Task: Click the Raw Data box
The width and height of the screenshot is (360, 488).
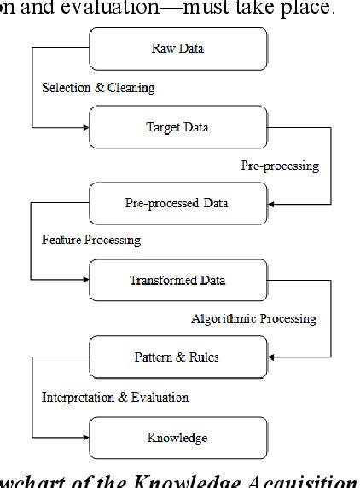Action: pyautogui.click(x=178, y=49)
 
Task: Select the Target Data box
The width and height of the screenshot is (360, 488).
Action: pyautogui.click(x=178, y=128)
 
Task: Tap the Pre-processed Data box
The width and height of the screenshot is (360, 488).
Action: pyautogui.click(x=178, y=204)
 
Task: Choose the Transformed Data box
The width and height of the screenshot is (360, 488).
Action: pyautogui.click(x=178, y=281)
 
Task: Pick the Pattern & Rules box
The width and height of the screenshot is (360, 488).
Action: pyautogui.click(x=178, y=357)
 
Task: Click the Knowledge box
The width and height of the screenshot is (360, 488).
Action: pyautogui.click(x=178, y=437)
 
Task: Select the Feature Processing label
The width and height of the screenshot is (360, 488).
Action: pyautogui.click(x=91, y=240)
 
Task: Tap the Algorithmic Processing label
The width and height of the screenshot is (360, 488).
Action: pyautogui.click(x=253, y=319)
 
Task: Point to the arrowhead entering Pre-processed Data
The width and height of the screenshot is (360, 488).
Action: pyautogui.click(x=271, y=204)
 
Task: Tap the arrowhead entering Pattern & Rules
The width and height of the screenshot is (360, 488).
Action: pyautogui.click(x=271, y=357)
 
